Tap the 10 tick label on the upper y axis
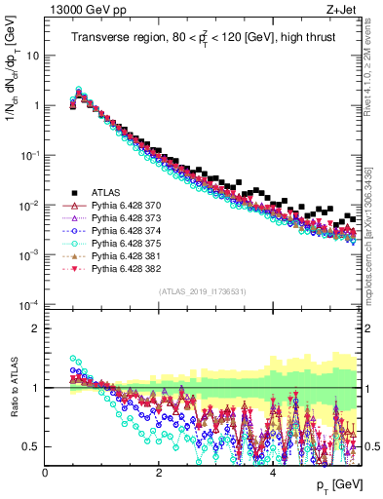coord(33,56)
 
